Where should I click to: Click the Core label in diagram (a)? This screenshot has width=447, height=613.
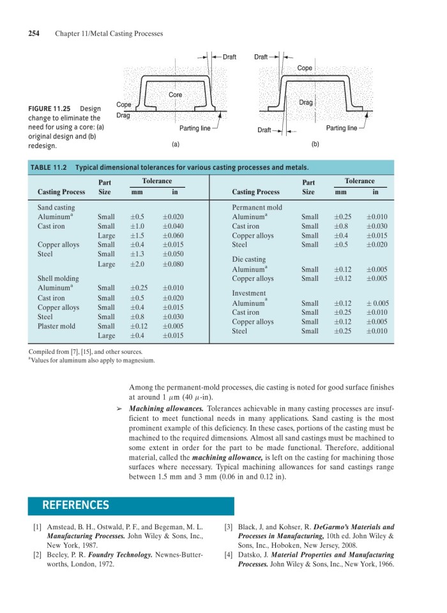(x=175, y=95)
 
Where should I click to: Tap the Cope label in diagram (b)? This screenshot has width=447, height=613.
(x=305, y=68)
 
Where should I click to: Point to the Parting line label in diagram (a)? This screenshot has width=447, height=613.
(x=195, y=128)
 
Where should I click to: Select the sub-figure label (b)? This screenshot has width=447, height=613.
(x=315, y=144)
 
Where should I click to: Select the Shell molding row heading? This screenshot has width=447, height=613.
(x=58, y=278)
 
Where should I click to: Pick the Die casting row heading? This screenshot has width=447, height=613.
(x=249, y=259)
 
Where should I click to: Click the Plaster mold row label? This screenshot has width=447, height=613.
(x=56, y=326)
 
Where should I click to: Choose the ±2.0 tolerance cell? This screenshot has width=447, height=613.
(x=137, y=264)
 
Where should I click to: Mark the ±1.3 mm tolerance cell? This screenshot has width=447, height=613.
(x=137, y=254)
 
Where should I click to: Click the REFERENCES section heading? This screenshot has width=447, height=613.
(x=75, y=505)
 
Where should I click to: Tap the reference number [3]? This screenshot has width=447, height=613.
(x=228, y=527)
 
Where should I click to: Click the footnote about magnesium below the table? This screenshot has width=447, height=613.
(x=93, y=360)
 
